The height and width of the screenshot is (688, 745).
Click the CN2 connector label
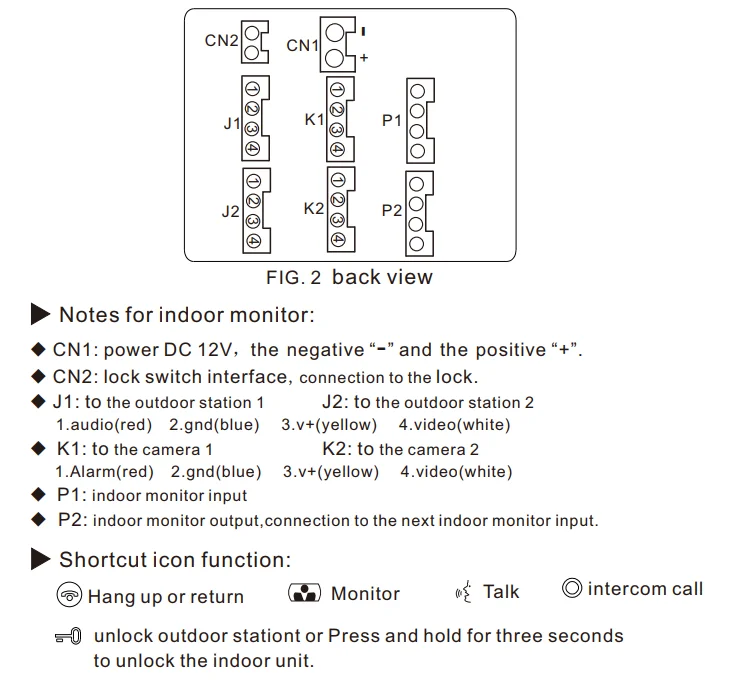click(221, 41)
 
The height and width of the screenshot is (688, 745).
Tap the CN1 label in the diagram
click(303, 45)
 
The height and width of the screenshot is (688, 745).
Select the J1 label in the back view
click(232, 124)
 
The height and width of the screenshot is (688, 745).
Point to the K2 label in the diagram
click(314, 209)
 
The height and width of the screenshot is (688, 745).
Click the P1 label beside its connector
click(392, 120)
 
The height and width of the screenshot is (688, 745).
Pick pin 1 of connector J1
click(253, 88)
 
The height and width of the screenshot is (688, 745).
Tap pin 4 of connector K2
click(338, 240)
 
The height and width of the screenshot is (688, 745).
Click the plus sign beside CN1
click(364, 59)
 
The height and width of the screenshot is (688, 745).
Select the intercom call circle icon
click(572, 589)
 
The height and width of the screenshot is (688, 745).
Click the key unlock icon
click(69, 637)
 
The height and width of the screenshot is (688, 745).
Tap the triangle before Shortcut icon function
click(41, 559)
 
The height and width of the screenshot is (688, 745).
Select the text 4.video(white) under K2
click(456, 471)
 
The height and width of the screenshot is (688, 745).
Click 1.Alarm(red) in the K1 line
click(104, 471)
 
